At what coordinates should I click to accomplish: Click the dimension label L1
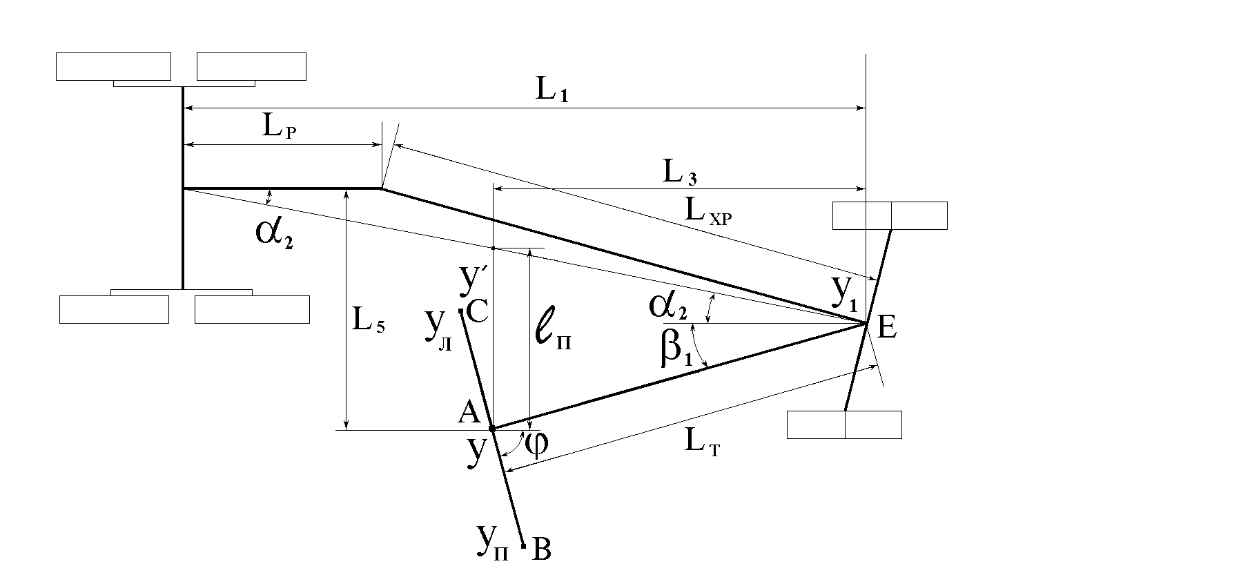pyautogui.click(x=552, y=93)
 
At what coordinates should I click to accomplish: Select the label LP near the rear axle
pyautogui.click(x=280, y=128)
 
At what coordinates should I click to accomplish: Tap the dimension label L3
pyautogui.click(x=680, y=174)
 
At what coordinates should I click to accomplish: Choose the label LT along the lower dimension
pyautogui.click(x=703, y=441)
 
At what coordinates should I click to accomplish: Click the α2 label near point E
pyautogui.click(x=667, y=306)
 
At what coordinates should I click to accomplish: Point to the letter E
pyautogui.click(x=886, y=328)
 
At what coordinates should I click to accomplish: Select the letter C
pyautogui.click(x=478, y=312)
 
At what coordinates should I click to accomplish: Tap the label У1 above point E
pyautogui.click(x=844, y=293)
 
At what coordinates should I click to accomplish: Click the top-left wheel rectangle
pyautogui.click(x=113, y=66)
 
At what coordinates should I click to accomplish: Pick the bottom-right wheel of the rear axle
pyautogui.click(x=252, y=309)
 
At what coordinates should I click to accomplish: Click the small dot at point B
pyautogui.click(x=525, y=546)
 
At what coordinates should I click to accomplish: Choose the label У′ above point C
pyautogui.click(x=474, y=276)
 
